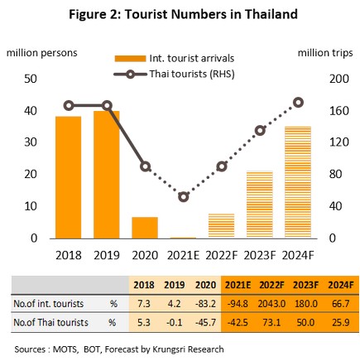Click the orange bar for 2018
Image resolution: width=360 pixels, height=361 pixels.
click(69, 177)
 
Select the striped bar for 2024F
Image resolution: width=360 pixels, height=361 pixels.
click(298, 182)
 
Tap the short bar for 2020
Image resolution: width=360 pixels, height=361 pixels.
click(145, 228)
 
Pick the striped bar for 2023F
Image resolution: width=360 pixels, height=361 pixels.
click(260, 205)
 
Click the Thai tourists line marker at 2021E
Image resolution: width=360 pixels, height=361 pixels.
click(184, 197)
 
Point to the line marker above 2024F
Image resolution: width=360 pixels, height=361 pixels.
click(298, 103)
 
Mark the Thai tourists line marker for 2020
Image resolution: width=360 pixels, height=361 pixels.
click(146, 166)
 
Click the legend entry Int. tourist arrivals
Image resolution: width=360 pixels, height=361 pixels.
click(175, 59)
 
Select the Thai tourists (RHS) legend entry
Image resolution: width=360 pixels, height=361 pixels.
click(175, 74)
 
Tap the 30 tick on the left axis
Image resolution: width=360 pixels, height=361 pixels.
click(31, 142)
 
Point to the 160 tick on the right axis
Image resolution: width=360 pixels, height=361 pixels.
click(339, 111)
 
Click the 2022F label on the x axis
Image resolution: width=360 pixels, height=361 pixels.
click(221, 255)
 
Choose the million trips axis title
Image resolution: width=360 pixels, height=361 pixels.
click(325, 53)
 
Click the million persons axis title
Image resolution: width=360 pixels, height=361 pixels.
click(42, 53)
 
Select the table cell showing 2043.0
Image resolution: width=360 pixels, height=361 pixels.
click(271, 304)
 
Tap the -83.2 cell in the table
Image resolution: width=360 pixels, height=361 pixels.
click(205, 304)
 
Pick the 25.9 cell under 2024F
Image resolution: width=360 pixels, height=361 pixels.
click(341, 322)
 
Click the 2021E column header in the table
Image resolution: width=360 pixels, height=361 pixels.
click(238, 285)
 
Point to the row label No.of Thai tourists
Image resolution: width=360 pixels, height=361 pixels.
click(51, 322)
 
